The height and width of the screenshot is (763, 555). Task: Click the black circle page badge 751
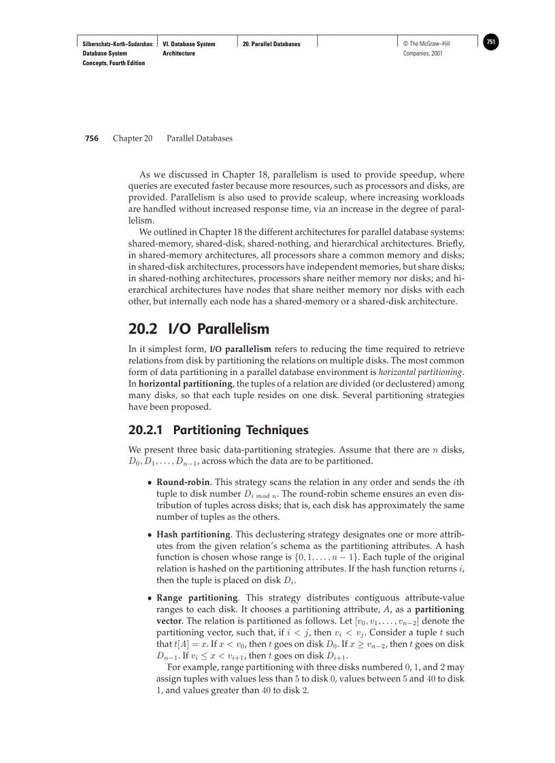point(491,42)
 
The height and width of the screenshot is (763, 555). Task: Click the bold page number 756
point(91,139)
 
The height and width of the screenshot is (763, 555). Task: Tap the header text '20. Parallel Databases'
point(271,44)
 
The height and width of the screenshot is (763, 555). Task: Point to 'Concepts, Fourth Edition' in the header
point(114,63)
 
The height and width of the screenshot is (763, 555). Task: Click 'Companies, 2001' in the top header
point(423,54)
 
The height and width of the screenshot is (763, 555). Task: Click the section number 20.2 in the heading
point(143,330)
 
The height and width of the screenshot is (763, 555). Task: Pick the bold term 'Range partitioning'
point(197,598)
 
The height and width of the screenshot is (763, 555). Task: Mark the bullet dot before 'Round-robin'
point(150,482)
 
